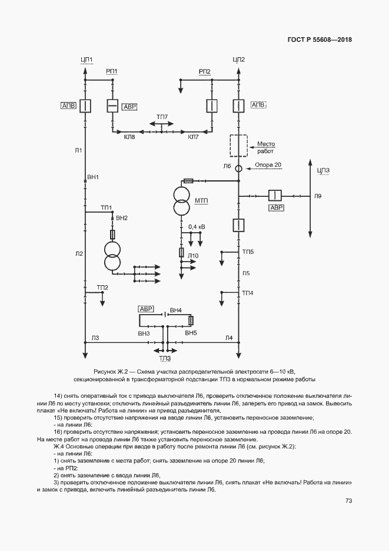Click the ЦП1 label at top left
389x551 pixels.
click(x=86, y=60)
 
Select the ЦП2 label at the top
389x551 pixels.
click(x=238, y=60)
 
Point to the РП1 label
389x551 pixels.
click(x=112, y=71)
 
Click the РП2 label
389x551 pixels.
click(x=205, y=71)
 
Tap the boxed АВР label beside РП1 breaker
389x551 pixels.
click(x=129, y=107)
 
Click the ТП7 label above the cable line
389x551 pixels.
click(x=162, y=116)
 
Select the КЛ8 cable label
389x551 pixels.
click(x=129, y=137)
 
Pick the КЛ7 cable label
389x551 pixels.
click(x=193, y=137)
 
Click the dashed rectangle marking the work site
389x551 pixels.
click(x=238, y=145)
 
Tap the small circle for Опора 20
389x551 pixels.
click(x=238, y=169)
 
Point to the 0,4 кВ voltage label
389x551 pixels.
click(x=197, y=226)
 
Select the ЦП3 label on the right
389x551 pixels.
click(x=323, y=171)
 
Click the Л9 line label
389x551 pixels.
click(x=318, y=195)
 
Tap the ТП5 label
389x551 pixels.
click(x=248, y=252)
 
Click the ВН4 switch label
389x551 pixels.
click(x=175, y=310)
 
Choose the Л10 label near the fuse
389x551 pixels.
click(x=194, y=255)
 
